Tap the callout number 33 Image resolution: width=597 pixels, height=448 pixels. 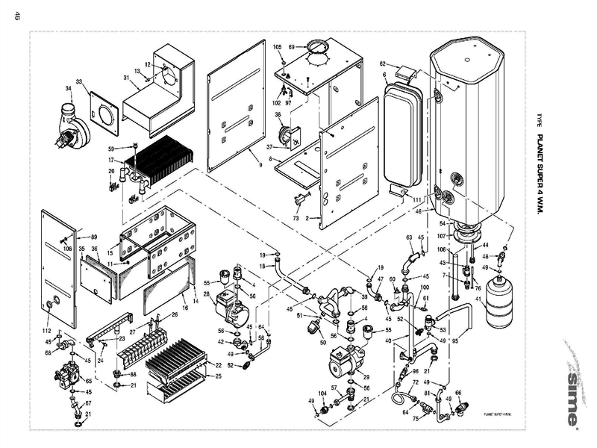(x=78, y=81)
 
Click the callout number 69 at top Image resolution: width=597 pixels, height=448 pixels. (x=292, y=47)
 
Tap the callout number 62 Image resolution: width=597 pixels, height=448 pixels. (x=382, y=64)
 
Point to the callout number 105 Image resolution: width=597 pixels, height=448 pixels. (x=278, y=47)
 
